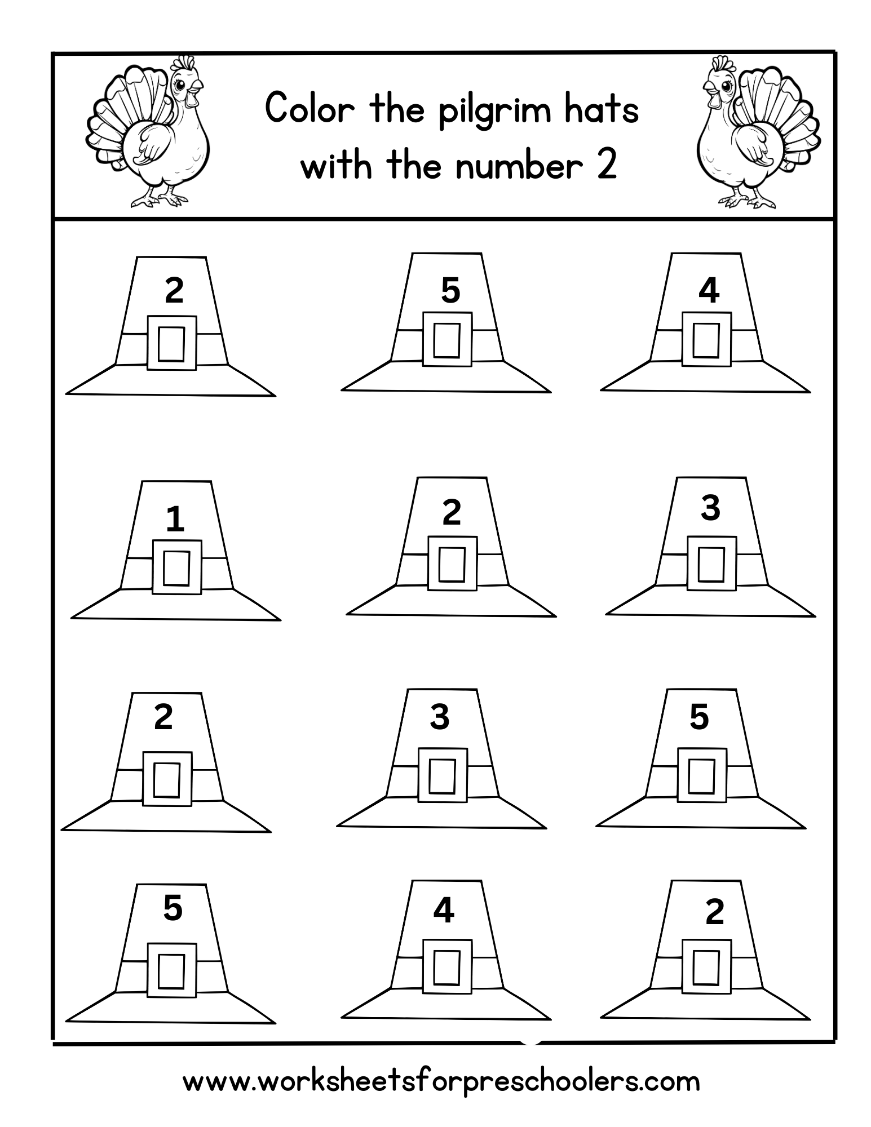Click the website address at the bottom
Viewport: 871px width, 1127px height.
click(441, 1081)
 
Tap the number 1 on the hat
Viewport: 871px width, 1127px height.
click(175, 519)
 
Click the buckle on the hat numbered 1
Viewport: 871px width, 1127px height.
click(176, 567)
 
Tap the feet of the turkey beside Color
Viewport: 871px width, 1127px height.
click(158, 199)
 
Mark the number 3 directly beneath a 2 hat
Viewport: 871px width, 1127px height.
click(440, 717)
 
